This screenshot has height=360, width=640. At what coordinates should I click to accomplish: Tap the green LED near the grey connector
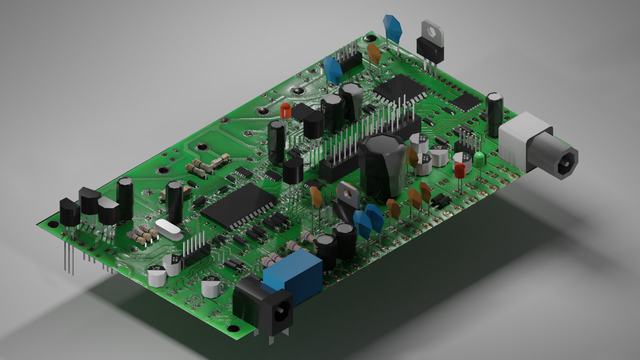pos(479,160)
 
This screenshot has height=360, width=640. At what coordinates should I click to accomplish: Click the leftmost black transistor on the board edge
pos(70,211)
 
